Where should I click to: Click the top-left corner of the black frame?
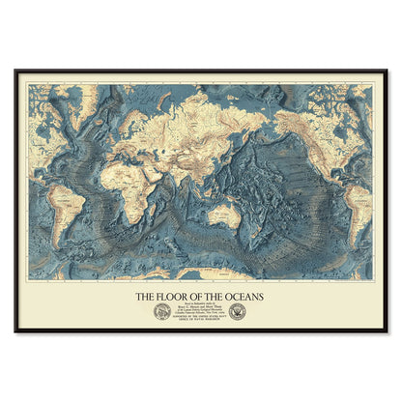pos(15,70)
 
